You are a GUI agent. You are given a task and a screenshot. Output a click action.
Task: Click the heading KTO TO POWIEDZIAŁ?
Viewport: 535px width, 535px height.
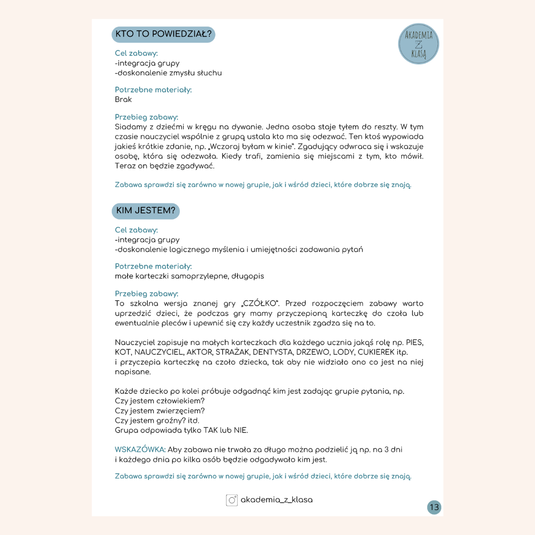click(x=163, y=35)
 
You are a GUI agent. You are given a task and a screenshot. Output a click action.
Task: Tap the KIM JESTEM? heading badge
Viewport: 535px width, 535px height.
click(x=146, y=211)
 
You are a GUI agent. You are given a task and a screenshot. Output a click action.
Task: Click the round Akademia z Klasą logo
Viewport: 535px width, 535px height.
click(x=419, y=44)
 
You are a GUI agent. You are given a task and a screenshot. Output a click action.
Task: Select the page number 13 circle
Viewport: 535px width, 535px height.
click(x=434, y=507)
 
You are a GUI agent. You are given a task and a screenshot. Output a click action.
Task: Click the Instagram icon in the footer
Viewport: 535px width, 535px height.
click(x=232, y=500)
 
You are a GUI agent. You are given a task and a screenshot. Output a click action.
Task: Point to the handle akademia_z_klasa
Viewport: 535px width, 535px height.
click(x=276, y=500)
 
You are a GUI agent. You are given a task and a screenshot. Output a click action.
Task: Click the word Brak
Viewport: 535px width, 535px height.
click(x=123, y=100)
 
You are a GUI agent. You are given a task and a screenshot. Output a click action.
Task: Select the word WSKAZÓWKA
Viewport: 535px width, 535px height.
click(x=140, y=450)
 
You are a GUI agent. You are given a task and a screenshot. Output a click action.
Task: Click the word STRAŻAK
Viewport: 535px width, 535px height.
click(x=232, y=353)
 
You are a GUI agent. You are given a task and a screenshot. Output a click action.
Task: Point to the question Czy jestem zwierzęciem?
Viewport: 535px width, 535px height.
click(x=160, y=411)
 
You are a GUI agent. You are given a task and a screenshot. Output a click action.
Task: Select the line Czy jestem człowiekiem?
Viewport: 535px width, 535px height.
click(x=160, y=401)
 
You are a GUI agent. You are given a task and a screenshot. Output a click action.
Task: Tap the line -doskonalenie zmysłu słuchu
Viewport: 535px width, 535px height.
click(x=168, y=73)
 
